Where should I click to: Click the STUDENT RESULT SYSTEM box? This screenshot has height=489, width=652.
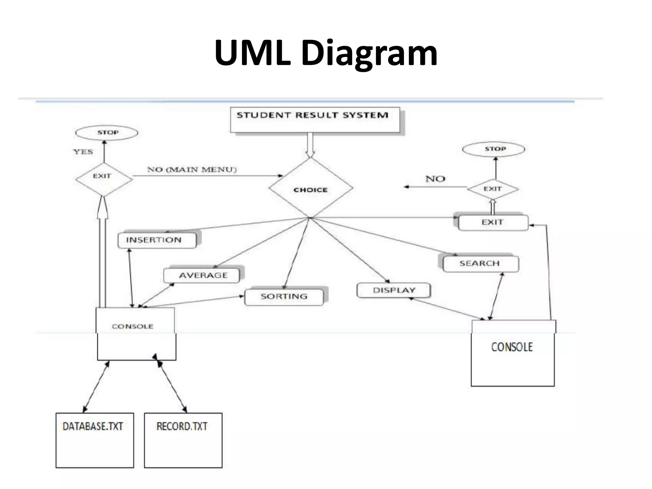click(x=315, y=120)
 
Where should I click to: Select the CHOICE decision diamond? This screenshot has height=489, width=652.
click(x=311, y=188)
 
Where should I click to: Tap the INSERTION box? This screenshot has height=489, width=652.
click(x=157, y=240)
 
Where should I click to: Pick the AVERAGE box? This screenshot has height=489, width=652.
click(x=202, y=275)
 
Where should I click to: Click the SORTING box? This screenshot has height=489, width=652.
click(x=284, y=297)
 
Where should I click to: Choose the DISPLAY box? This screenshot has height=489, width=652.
click(x=393, y=290)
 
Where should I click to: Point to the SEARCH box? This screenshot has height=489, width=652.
click(x=480, y=264)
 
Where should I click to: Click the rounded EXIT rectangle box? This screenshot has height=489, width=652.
click(x=493, y=222)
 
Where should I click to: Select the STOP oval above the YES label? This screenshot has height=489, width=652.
click(x=106, y=133)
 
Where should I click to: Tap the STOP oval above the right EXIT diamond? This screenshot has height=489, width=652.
click(x=493, y=149)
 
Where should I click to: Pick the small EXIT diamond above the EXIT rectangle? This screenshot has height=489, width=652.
click(x=493, y=189)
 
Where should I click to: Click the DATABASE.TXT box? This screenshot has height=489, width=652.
click(x=95, y=440)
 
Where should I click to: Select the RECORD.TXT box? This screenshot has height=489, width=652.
click(x=183, y=440)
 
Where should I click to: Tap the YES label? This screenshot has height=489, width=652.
click(x=83, y=152)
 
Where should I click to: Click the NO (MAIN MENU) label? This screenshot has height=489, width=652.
click(x=192, y=170)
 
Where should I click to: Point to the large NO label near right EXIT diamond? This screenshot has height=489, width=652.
click(x=435, y=179)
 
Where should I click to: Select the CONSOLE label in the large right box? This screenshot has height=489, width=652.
click(x=512, y=347)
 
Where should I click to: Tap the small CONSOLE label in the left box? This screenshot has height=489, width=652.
click(x=133, y=327)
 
